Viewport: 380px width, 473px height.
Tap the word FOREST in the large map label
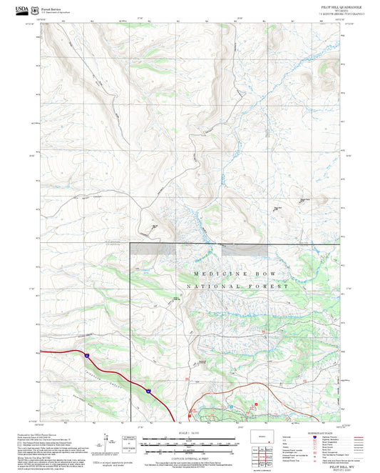[268, 287]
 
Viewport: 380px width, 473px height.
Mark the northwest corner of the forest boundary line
[130, 244]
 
